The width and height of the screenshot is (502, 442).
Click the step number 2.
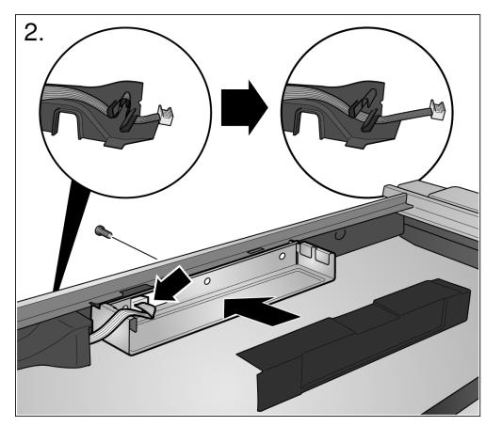click(33, 33)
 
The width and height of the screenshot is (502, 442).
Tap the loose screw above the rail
click(103, 231)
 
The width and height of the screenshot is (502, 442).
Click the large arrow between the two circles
click(244, 108)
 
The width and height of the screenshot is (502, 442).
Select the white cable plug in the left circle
click(165, 115)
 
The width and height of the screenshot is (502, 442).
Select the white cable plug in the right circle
click(438, 110)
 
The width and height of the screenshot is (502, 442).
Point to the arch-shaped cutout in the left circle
click(68, 123)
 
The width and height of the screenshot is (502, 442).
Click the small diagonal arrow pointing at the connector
click(171, 283)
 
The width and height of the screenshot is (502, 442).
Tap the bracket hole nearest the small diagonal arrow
click(207, 281)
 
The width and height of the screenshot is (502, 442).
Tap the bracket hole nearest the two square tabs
click(282, 256)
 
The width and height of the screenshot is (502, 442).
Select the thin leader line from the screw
click(135, 248)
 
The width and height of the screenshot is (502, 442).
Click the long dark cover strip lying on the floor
click(355, 344)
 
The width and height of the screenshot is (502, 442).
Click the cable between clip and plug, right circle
click(404, 117)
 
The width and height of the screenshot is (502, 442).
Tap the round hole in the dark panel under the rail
click(339, 236)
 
